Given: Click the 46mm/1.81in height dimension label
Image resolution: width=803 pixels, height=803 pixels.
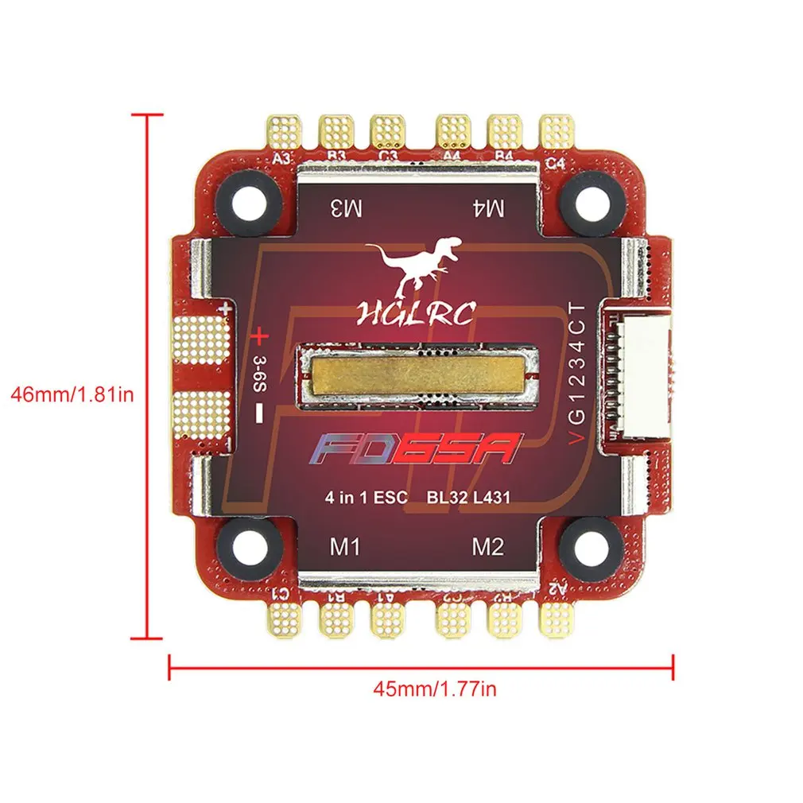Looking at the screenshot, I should [69, 394].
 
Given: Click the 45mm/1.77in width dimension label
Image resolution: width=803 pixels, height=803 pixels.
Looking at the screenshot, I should [435, 689].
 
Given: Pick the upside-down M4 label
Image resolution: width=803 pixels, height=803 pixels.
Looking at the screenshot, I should [489, 209].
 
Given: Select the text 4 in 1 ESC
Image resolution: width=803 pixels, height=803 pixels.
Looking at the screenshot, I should [366, 498].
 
